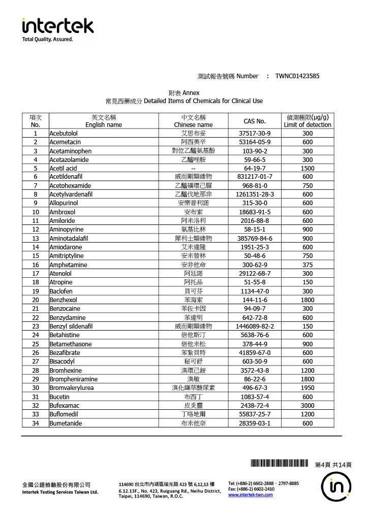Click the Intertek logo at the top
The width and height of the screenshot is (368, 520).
[57, 26]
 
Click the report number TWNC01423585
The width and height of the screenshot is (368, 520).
[297, 76]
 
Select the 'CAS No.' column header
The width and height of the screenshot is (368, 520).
[255, 121]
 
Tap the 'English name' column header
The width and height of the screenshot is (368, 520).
[103, 124]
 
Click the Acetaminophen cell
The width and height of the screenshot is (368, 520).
[70, 151]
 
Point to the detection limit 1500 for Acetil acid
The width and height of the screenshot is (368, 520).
[308, 169]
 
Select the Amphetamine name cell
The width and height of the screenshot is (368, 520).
[68, 265]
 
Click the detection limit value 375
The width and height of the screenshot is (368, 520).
[308, 265]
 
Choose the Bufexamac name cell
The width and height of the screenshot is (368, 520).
[64, 406]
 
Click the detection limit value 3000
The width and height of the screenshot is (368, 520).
[308, 406]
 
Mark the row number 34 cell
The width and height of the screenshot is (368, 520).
[36, 424]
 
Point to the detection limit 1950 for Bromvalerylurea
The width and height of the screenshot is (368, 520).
[308, 388]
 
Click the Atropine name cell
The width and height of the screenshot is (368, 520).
[61, 282]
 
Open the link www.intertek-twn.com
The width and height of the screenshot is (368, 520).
[251, 495]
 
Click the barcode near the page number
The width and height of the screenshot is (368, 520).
[280, 464]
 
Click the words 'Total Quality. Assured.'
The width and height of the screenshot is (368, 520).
[48, 40]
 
